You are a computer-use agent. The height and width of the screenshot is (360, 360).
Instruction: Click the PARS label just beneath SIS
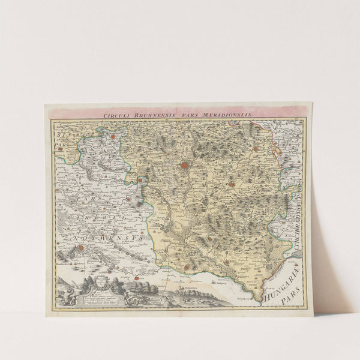click(x=59, y=145)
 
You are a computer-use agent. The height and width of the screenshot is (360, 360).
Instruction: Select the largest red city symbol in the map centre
click(x=185, y=166)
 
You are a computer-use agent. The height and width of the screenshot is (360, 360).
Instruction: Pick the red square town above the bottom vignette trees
click(x=137, y=278)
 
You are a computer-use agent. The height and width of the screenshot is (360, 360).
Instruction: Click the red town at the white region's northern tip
click(x=112, y=137)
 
